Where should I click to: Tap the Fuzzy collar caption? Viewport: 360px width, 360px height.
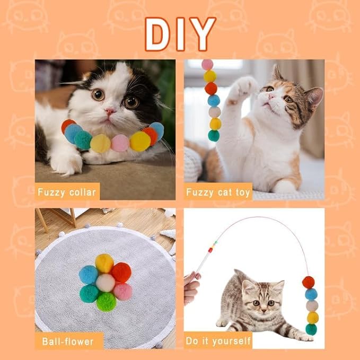pyautogui.click(x=67, y=191)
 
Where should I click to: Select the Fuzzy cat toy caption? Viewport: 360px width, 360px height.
pyautogui.click(x=218, y=191)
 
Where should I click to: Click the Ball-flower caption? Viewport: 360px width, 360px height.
pyautogui.click(x=67, y=340)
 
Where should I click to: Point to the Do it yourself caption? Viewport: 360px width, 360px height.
pyautogui.click(x=218, y=340)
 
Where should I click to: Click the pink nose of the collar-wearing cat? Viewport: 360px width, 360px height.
pyautogui.click(x=110, y=112)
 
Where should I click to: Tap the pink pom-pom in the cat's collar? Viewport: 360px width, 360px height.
pyautogui.click(x=120, y=142)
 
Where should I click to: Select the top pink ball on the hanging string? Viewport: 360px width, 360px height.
pyautogui.click(x=207, y=65)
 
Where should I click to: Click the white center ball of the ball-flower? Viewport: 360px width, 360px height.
pyautogui.click(x=106, y=283)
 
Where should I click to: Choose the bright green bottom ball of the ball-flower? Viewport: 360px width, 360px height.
pyautogui.click(x=106, y=301)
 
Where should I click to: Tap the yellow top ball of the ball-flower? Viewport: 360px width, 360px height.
pyautogui.click(x=104, y=263)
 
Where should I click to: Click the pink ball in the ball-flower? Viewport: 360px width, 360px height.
pyautogui.click(x=122, y=291)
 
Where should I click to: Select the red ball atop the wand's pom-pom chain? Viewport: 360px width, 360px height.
pyautogui.click(x=308, y=282)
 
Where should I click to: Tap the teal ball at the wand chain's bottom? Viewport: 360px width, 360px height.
pyautogui.click(x=311, y=329)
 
